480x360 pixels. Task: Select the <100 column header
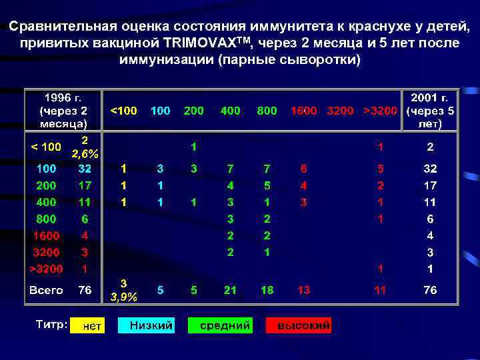pos(123,111)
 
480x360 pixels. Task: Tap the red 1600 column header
pos(303,111)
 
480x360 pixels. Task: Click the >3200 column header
pos(381,111)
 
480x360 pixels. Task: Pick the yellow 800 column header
pos(267,111)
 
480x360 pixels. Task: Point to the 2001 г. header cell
pos(431,111)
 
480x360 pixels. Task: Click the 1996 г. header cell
pos(63,111)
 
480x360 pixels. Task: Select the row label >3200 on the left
pos(46,269)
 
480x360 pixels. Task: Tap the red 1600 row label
pos(46,235)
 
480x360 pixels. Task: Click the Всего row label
pos(46,290)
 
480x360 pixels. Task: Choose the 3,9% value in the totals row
pos(124,298)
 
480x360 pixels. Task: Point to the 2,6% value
pos(85,154)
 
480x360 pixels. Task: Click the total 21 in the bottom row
pos(230,290)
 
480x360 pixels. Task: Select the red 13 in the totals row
pos(303,290)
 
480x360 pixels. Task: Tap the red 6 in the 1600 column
pos(303,169)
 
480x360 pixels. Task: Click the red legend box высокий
pos(299,325)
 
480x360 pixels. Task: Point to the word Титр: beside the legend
pos(51,325)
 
